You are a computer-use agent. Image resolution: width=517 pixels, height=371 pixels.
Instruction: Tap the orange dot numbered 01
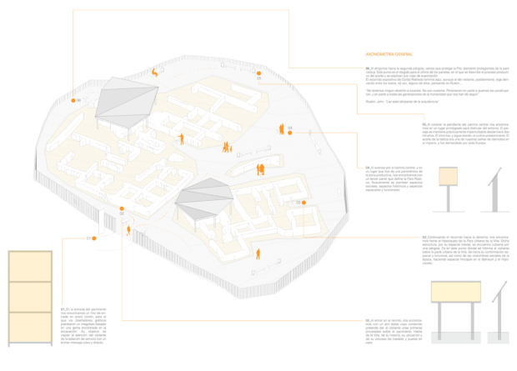pyautogui.click(x=96, y=239)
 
